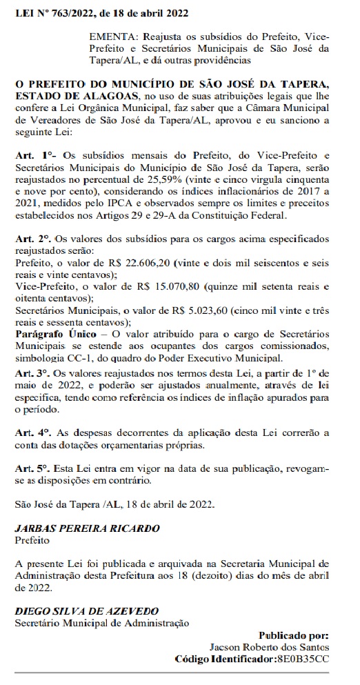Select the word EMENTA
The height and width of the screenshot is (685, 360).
pyautogui.click(x=110, y=35)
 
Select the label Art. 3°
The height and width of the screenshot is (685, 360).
pyautogui.click(x=31, y=373)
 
